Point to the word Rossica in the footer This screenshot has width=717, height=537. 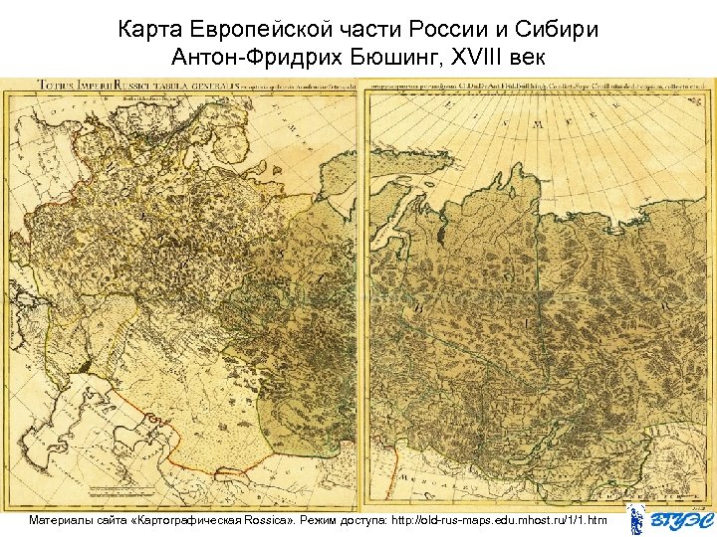281,520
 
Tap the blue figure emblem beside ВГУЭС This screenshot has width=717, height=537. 636,519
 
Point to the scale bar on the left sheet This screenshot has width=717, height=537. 129,491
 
